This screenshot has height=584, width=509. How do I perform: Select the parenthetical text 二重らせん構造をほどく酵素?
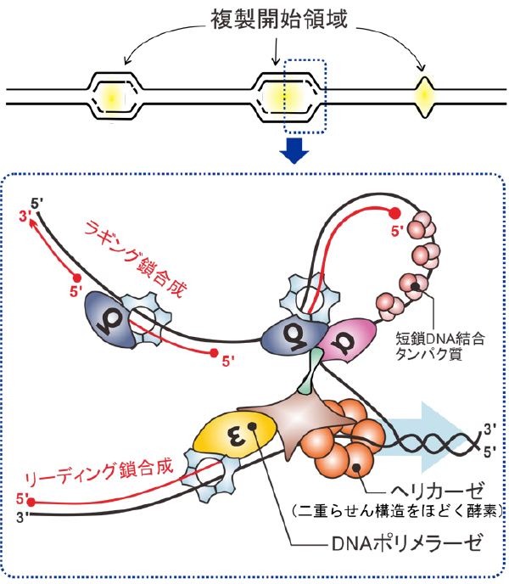click(x=396, y=512)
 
